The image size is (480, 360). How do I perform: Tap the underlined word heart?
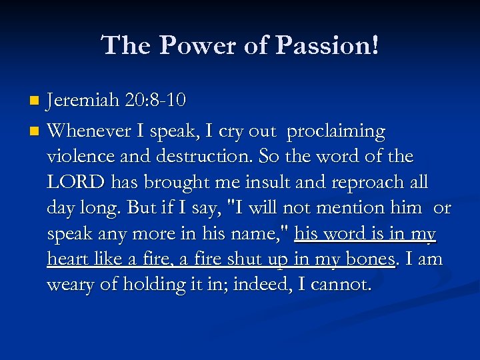point(67,259)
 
